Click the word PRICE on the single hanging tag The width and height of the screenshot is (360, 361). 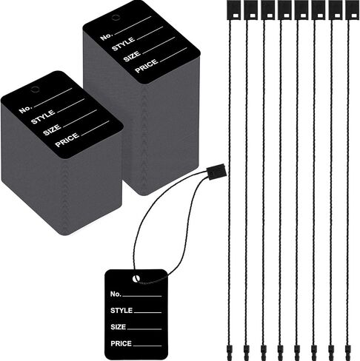point(121,343)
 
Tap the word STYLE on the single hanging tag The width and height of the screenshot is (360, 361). point(121,311)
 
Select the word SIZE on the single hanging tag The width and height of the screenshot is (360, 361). point(119,327)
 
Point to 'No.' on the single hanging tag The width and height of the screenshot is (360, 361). point(116,294)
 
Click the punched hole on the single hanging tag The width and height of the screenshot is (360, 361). point(136,279)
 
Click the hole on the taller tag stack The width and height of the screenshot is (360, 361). point(115,18)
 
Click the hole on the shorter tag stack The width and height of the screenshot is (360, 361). point(35,90)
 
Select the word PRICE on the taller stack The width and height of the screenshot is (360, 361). point(147,66)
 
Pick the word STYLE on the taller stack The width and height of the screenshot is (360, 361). point(124,44)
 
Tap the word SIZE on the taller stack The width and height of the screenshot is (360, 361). point(132,56)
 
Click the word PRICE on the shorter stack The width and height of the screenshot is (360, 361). point(67,140)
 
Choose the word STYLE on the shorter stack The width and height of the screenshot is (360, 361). point(43,117)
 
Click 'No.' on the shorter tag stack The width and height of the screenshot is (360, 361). point(25,109)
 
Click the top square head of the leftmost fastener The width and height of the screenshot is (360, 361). point(233,10)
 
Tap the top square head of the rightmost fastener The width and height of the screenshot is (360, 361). point(352,10)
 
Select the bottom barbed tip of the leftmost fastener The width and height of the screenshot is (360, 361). point(229,352)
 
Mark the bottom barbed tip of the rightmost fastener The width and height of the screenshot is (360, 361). point(347,352)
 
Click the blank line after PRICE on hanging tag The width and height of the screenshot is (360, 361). point(147,345)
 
